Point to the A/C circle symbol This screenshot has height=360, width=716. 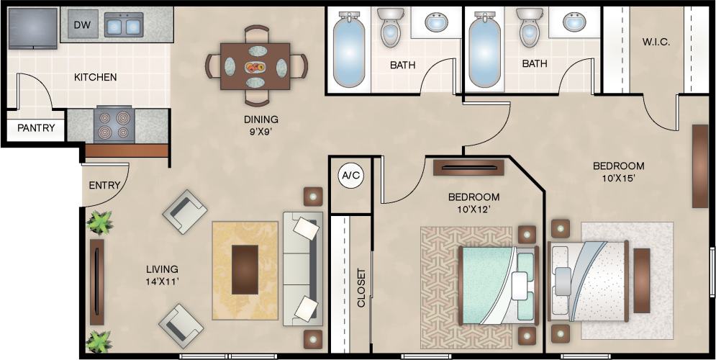tap(350, 175)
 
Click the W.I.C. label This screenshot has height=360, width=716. tap(656, 42)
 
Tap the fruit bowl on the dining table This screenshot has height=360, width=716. tap(255, 68)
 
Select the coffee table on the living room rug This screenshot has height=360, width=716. tap(245, 269)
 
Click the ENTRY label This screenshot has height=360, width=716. tap(104, 185)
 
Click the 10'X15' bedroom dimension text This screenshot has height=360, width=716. tap(618, 179)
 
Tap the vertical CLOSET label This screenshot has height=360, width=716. tap(361, 288)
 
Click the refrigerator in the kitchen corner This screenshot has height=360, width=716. tap(33, 28)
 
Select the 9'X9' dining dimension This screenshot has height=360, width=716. tap(260, 132)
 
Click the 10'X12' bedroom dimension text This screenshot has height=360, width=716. tap(473, 210)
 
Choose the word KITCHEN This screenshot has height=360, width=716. tap(95, 77)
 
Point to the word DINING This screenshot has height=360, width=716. tap(260, 120)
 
